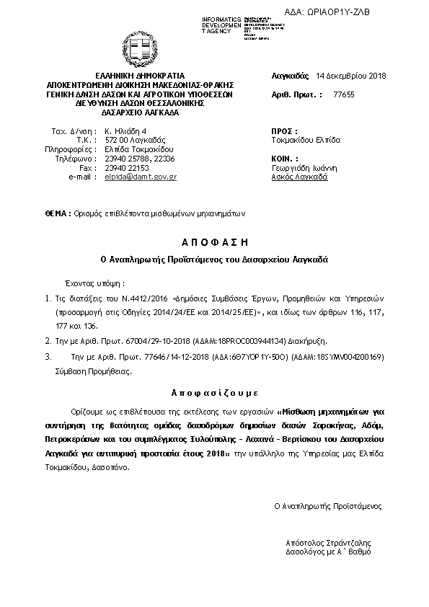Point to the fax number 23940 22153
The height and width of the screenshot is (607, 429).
(129, 167)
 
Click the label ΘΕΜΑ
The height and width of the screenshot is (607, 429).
(56, 213)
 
